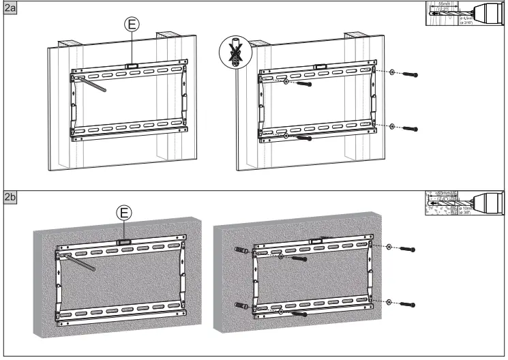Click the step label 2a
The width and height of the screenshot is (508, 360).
[x=10, y=10]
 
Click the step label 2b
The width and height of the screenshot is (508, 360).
[x=10, y=198]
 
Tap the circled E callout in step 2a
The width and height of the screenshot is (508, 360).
[x=132, y=24]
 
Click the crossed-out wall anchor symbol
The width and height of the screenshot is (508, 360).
[x=233, y=53]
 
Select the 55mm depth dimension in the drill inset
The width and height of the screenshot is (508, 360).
[x=451, y=6]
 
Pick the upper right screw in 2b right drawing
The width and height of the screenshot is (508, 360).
[x=408, y=250]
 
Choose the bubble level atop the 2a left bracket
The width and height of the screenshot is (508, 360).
[x=132, y=66]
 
